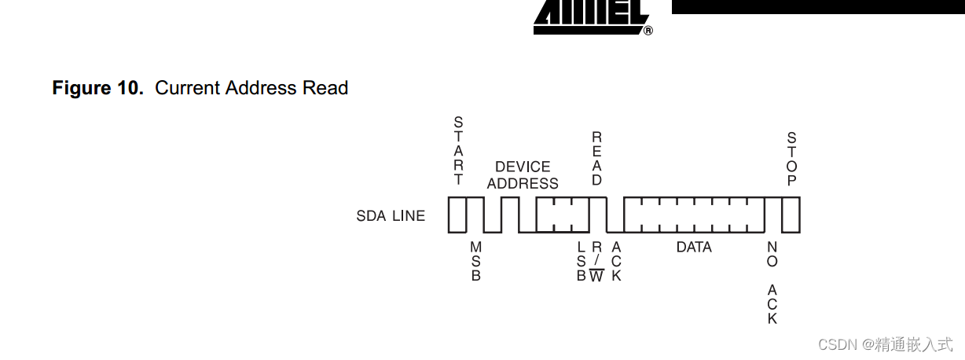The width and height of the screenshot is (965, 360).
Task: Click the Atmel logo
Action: (x=591, y=17)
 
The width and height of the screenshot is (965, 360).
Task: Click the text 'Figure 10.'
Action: (x=97, y=88)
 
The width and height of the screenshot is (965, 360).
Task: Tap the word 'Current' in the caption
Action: (x=188, y=88)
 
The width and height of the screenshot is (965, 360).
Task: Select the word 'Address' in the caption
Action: (x=261, y=88)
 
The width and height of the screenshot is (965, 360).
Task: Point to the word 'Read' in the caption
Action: (x=325, y=88)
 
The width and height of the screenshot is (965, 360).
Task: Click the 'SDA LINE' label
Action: (x=391, y=215)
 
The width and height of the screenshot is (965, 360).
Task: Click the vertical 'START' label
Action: (x=458, y=151)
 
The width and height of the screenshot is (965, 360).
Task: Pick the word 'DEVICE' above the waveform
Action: (x=523, y=167)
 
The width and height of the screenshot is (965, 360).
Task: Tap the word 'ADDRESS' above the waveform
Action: (x=523, y=184)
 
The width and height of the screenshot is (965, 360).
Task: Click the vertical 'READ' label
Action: (x=596, y=158)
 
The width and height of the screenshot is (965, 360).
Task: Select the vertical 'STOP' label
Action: (x=792, y=159)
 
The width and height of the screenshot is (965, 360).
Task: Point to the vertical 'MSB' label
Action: (x=476, y=261)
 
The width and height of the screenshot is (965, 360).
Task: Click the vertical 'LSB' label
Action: (x=582, y=261)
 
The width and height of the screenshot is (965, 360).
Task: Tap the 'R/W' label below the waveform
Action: (x=596, y=261)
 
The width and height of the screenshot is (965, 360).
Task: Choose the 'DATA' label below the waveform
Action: (x=694, y=247)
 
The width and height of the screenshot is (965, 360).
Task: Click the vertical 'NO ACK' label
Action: (x=772, y=282)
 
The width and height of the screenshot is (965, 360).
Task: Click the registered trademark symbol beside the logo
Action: (x=648, y=31)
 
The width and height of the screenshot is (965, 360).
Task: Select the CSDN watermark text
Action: (x=885, y=345)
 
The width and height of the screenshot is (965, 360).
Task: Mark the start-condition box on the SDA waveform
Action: (x=457, y=215)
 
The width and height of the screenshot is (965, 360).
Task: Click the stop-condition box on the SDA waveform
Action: (x=791, y=215)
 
